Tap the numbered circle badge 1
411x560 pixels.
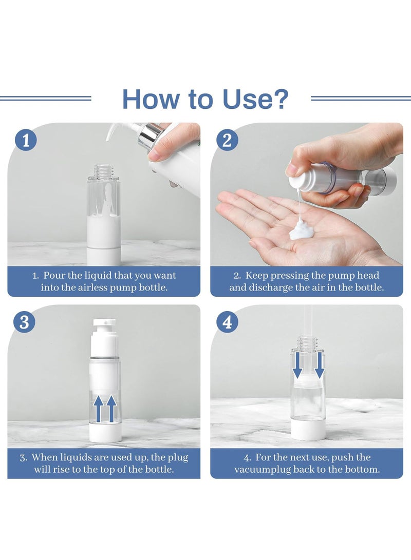(x=25, y=140)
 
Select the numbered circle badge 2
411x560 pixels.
(x=227, y=140)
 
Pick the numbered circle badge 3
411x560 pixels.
(x=24, y=322)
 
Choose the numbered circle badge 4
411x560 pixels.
(x=227, y=322)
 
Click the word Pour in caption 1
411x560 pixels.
(x=54, y=275)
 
